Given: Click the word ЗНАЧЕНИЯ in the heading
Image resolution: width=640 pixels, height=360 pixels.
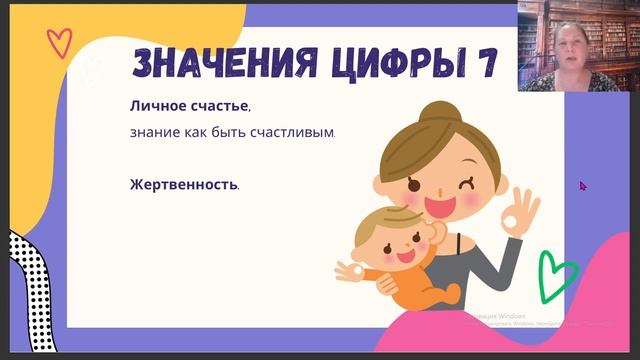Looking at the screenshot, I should [203, 64].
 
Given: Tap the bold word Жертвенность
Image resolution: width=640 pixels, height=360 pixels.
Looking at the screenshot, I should [184, 184].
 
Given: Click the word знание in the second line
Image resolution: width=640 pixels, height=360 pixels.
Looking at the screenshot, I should [153, 132].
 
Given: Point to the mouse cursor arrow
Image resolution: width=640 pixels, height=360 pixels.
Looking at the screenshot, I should [583, 185].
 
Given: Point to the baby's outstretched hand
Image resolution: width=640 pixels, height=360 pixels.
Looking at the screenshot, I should [350, 270].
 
